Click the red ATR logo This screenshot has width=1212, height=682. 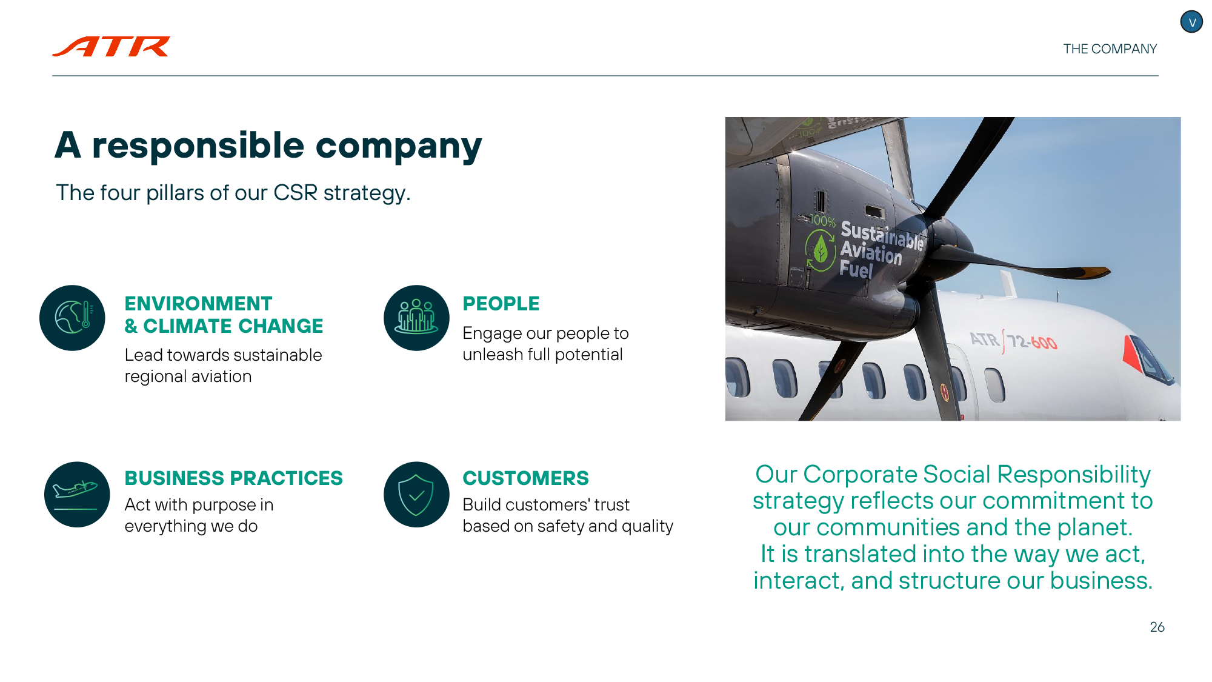tap(112, 47)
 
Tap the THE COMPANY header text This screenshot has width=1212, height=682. tap(1110, 49)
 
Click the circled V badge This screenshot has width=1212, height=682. tap(1191, 22)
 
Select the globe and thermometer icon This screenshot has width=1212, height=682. tap(72, 318)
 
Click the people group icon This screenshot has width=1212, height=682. tap(416, 318)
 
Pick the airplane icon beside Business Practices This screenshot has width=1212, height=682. tap(77, 494)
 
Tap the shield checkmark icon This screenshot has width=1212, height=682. tap(416, 494)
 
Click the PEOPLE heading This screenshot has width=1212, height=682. tap(501, 304)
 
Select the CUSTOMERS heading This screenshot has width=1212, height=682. tap(525, 478)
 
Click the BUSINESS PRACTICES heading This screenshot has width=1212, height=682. tap(233, 478)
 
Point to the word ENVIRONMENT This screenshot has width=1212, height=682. tap(198, 304)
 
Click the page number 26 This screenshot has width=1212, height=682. tap(1157, 627)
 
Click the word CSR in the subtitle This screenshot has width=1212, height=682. tap(295, 193)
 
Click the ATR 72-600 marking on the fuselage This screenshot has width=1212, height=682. tap(1014, 341)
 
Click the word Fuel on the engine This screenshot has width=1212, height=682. tap(856, 269)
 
